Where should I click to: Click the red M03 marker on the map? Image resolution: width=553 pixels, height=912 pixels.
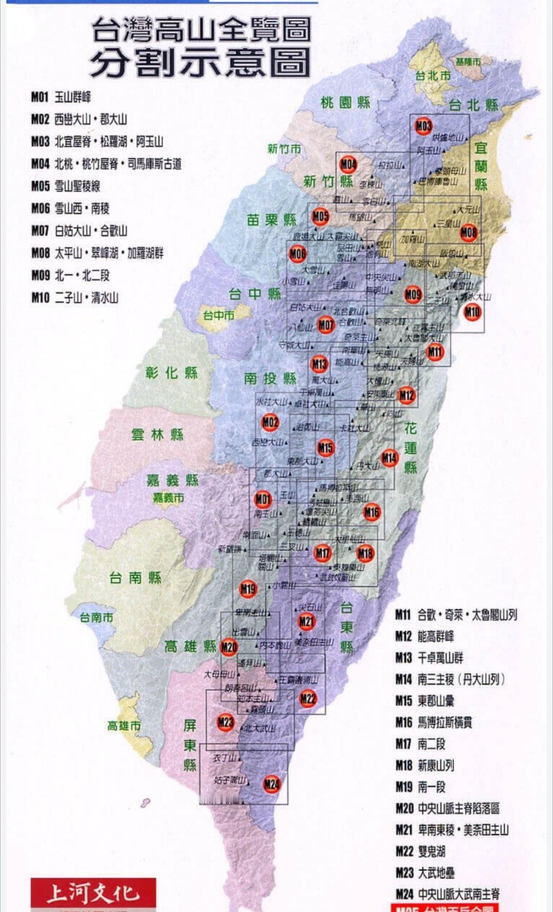pos(423,126)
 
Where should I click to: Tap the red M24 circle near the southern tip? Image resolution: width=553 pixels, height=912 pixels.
pos(272,784)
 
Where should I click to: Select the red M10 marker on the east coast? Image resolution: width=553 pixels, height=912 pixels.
pos(472,312)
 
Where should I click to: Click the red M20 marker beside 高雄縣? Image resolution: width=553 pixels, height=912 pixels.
pos(229,647)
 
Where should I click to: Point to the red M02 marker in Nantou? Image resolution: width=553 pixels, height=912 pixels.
pos(270,422)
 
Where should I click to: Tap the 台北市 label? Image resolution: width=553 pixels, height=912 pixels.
pos(433,76)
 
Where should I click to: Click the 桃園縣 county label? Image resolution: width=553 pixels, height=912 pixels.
pos(345,102)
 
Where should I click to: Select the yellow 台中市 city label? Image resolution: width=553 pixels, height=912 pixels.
pos(219,315)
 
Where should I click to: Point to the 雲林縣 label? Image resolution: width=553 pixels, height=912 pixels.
pos(157,435)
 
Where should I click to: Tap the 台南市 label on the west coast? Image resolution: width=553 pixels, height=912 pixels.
pos(96,617)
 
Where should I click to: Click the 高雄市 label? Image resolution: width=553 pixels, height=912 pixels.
pos(124,726)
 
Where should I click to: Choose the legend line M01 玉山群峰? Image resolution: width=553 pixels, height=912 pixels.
pos(61,97)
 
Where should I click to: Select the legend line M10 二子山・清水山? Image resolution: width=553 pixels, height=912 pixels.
pos(75,298)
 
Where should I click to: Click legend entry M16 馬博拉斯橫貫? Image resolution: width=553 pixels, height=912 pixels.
pos(434,722)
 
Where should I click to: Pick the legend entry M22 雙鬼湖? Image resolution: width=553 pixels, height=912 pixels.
pos(420,851)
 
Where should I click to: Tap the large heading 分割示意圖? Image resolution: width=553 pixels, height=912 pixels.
pos(200,63)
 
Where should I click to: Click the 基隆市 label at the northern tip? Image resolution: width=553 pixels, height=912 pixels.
pos(468,61)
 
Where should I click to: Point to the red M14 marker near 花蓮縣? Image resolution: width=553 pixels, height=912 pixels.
pos(389,458)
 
